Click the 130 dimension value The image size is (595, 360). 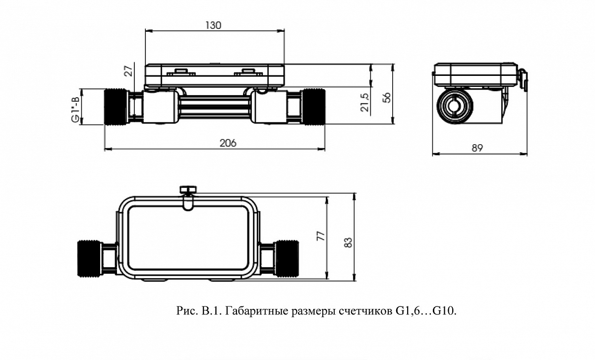tap(213, 25)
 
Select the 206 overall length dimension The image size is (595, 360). tap(228, 143)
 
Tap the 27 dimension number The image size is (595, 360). tap(129, 71)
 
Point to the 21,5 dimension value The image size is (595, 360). tap(365, 102)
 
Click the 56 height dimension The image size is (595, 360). tap(387, 98)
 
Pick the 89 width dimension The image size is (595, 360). tap(477, 148)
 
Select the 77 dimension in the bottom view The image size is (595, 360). tap(321, 236)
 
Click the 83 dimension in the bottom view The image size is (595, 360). tap(348, 242)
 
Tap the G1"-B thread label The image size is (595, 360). tap(75, 109)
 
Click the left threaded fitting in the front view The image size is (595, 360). tap(115, 107)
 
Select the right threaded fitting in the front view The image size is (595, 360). tap(313, 107)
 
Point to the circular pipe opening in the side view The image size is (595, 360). tap(455, 107)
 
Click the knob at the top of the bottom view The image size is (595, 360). tap(188, 190)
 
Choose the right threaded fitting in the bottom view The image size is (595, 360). tap(287, 258)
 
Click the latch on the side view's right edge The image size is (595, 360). tap(522, 79)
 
